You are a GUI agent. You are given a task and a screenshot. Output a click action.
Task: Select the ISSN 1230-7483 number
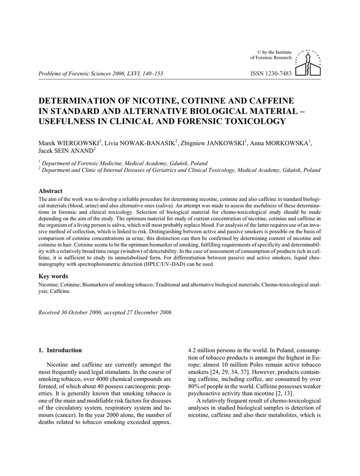271,73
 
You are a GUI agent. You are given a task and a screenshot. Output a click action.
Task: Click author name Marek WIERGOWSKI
69,143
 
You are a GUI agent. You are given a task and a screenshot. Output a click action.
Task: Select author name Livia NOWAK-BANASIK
140,143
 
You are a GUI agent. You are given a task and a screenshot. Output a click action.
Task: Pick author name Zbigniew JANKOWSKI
214,143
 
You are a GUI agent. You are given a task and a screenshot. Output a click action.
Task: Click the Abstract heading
50,191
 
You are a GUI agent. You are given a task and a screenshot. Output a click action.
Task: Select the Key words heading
53,276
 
